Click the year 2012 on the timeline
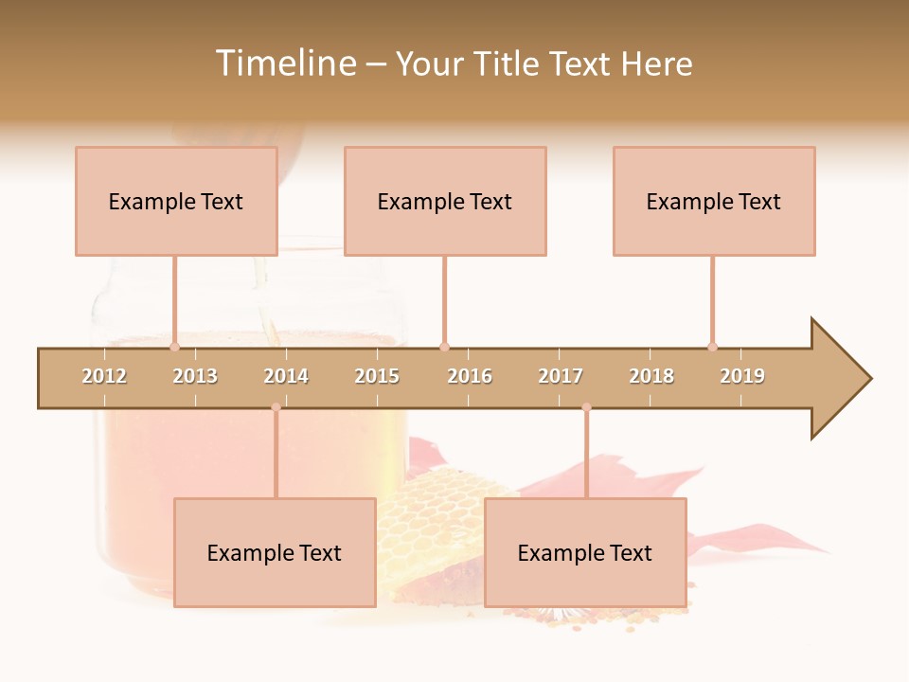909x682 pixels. pyautogui.click(x=104, y=376)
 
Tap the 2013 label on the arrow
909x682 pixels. pyautogui.click(x=195, y=376)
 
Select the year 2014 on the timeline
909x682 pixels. pyautogui.click(x=286, y=376)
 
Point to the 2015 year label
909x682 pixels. pyautogui.click(x=377, y=376)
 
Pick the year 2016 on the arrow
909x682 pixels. pyautogui.click(x=470, y=376)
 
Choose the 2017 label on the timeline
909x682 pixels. pyautogui.click(x=561, y=376)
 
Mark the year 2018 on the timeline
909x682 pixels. pyautogui.click(x=651, y=376)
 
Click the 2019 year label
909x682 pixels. pyautogui.click(x=742, y=376)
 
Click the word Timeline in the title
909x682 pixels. pyautogui.click(x=284, y=63)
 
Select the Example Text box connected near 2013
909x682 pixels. pyautogui.click(x=176, y=201)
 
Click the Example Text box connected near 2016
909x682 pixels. pyautogui.click(x=445, y=201)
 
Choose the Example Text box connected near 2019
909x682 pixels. pyautogui.click(x=714, y=201)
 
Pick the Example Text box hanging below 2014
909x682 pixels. pyautogui.click(x=275, y=552)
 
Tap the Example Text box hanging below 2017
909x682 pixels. pyautogui.click(x=585, y=552)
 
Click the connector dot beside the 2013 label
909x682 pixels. pyautogui.click(x=175, y=347)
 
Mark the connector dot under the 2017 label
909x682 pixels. pyautogui.click(x=586, y=407)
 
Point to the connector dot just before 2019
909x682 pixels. pyautogui.click(x=713, y=347)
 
